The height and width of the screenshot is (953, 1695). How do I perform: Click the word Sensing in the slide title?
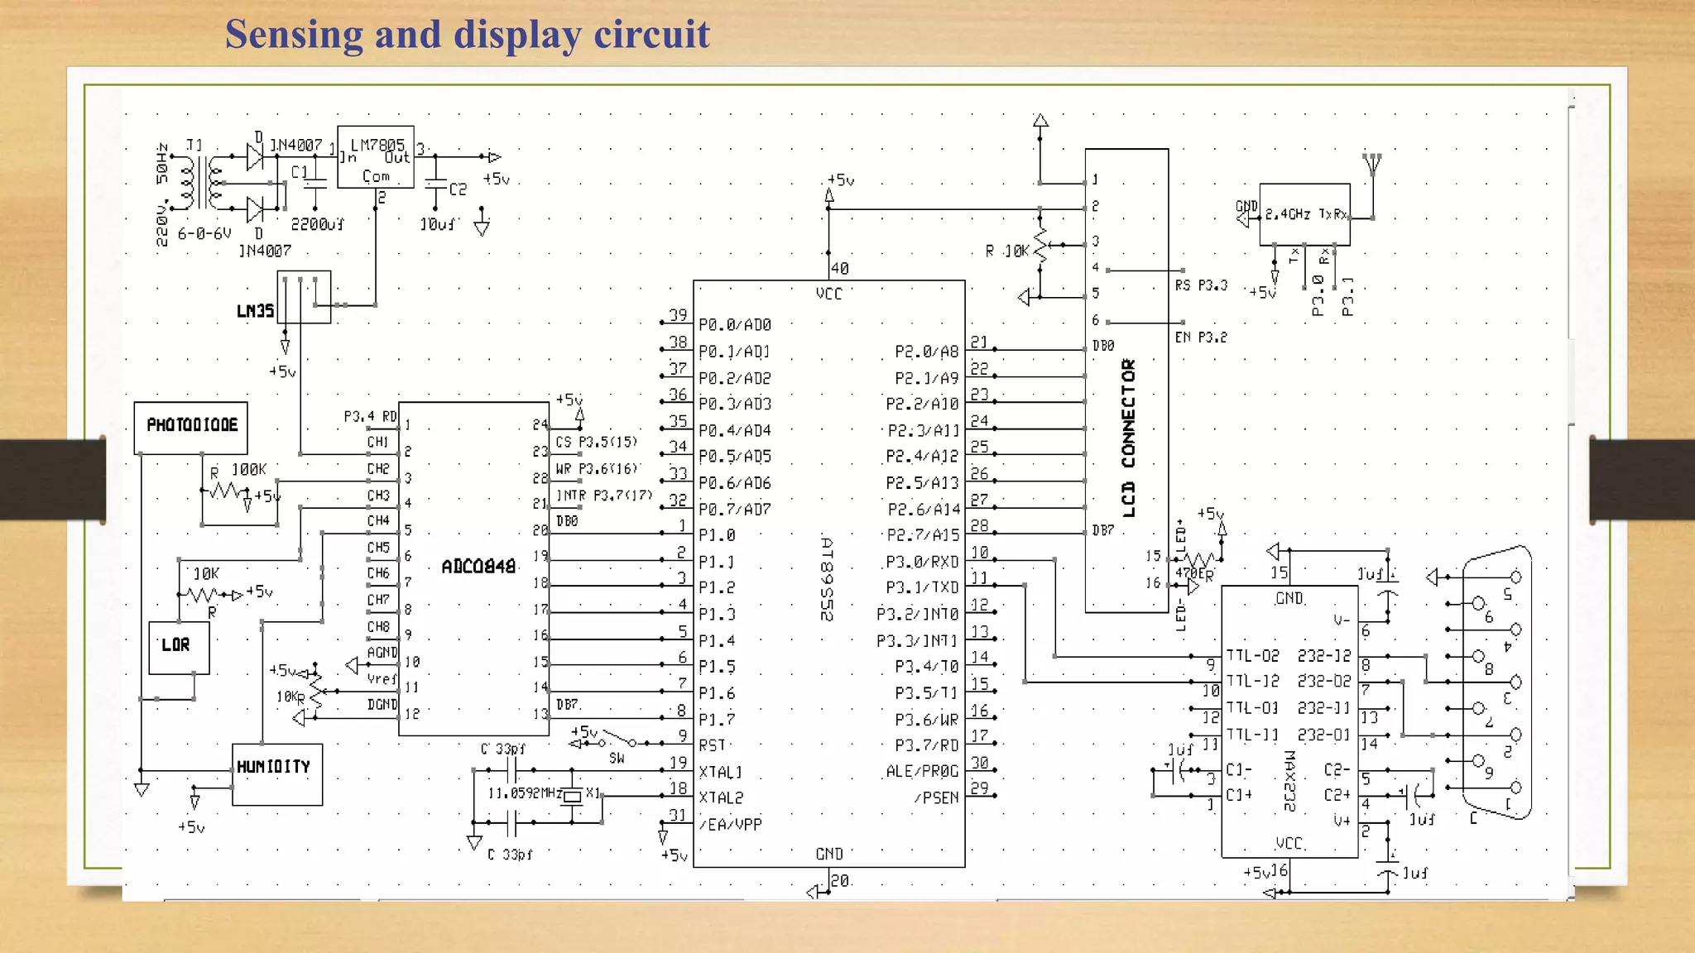(294, 35)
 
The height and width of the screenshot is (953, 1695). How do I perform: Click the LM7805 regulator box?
(376, 157)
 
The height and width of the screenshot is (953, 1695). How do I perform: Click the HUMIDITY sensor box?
(276, 773)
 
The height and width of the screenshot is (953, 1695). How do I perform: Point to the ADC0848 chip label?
(478, 567)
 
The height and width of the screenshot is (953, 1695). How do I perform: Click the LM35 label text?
(255, 311)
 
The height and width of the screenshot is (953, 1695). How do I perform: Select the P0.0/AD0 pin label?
(735, 325)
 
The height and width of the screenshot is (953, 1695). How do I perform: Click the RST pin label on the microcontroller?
(711, 745)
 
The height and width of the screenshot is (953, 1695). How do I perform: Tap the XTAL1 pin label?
(720, 772)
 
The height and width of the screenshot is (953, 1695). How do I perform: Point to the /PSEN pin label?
(936, 798)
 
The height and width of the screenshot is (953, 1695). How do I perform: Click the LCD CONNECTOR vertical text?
(1128, 438)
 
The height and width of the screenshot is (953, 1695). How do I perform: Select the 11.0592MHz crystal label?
(525, 793)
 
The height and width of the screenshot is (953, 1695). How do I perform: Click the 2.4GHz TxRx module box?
(1304, 214)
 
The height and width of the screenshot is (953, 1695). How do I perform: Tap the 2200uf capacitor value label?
(317, 224)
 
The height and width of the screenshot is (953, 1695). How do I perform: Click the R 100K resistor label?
(238, 470)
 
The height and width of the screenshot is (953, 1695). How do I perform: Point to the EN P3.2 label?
(1200, 338)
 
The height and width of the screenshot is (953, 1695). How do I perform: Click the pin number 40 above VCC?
(839, 268)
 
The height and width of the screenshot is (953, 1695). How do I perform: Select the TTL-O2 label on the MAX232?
(1252, 656)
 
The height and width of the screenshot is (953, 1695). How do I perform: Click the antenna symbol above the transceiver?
(1372, 163)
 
